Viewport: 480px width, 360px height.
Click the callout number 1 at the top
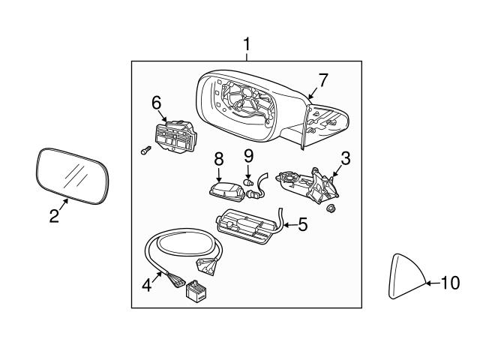click(246, 46)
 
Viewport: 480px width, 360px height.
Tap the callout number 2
click(54, 217)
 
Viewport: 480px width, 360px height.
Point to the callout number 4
click(148, 284)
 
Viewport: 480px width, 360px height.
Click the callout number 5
click(302, 223)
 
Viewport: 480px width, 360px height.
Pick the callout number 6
click(156, 101)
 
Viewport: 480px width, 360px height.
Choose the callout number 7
click(322, 79)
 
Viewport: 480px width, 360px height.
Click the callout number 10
click(448, 283)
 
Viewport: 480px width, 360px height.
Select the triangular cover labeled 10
click(405, 277)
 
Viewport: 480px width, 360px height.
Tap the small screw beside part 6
click(144, 151)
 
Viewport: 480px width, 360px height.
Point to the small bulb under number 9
click(247, 182)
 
